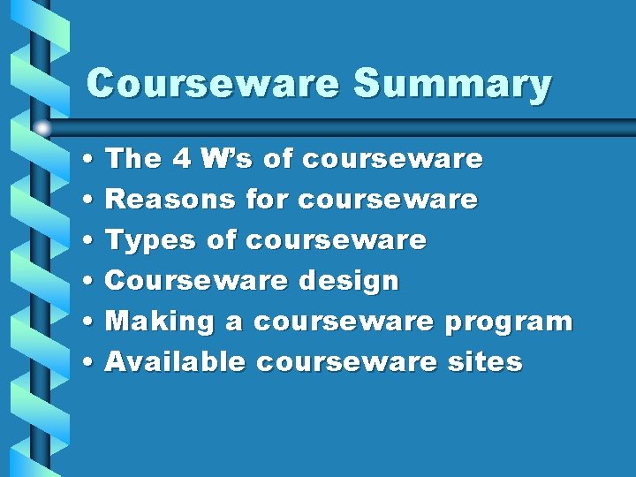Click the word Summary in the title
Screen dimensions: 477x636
(x=452, y=86)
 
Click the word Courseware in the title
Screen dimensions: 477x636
(x=213, y=85)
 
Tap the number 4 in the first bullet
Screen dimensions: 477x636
(x=182, y=159)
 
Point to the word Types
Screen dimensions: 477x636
(x=150, y=240)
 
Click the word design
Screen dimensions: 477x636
(x=348, y=282)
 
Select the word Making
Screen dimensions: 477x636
(x=160, y=322)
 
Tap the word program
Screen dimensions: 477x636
(x=508, y=322)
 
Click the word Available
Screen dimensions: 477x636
(x=175, y=361)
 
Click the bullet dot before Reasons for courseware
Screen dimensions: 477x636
(x=92, y=201)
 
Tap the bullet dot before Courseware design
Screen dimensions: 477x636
(x=92, y=282)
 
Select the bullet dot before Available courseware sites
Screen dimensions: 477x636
(x=92, y=362)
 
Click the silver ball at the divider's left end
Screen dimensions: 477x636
(x=42, y=128)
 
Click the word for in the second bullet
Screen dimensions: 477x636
(x=267, y=200)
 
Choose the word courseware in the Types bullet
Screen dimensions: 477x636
(x=336, y=240)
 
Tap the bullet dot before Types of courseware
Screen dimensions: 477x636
(x=92, y=241)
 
